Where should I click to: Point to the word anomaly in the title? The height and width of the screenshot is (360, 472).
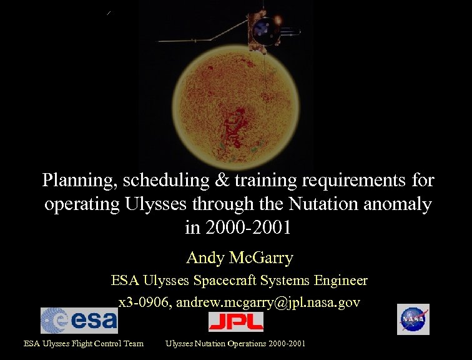coord(394,204)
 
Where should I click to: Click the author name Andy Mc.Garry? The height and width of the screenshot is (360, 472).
coord(240,257)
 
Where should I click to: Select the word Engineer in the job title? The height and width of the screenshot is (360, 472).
coord(340,281)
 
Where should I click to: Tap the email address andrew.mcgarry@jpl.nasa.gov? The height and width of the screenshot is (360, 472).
coord(268,302)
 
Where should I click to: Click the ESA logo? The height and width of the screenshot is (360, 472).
coord(79,320)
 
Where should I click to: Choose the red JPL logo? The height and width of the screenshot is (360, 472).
coord(235,321)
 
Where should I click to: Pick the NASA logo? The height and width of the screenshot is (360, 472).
coord(413,319)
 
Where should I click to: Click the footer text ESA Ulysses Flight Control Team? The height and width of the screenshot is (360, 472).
coord(84,343)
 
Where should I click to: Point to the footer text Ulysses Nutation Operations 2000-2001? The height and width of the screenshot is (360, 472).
coord(235,343)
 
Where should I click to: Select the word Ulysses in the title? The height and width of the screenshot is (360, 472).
coord(144,204)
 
